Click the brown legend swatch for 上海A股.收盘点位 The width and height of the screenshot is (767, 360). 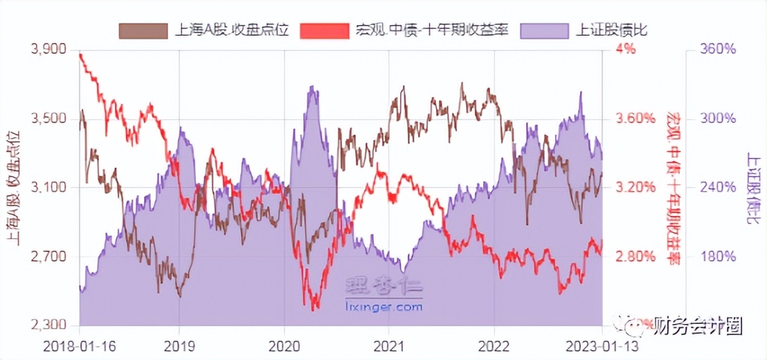[x=143, y=30]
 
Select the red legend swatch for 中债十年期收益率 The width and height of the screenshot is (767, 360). [x=325, y=30]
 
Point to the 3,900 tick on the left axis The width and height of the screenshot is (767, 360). [x=48, y=49]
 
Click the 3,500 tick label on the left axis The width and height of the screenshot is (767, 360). [x=48, y=118]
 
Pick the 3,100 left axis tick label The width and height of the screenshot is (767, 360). [x=48, y=188]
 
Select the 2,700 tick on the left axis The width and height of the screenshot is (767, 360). [x=48, y=257]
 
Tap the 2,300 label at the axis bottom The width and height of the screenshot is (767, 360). [x=48, y=325]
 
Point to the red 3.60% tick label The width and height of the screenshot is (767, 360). [x=635, y=118]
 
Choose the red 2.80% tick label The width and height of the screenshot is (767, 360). [x=635, y=257]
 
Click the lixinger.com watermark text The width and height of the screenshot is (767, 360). [x=383, y=305]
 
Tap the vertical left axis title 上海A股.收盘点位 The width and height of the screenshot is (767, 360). [x=13, y=187]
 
